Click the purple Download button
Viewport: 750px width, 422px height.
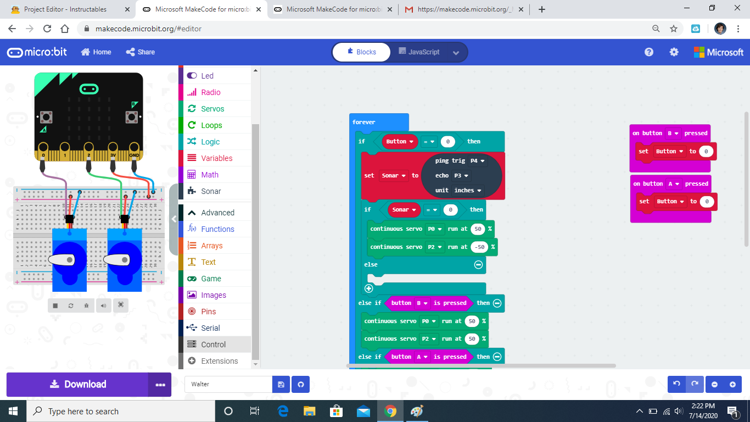(x=77, y=385)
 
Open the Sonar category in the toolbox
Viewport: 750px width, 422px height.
(x=211, y=191)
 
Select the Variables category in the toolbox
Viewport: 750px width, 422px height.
(x=216, y=158)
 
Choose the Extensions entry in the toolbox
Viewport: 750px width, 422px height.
(x=219, y=361)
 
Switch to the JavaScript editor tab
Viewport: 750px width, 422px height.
(x=423, y=52)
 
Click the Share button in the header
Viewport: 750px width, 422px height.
(x=141, y=52)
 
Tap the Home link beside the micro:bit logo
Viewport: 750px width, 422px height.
(x=96, y=52)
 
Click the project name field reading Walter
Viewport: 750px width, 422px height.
(x=228, y=384)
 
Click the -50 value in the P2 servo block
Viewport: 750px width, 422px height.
(x=479, y=247)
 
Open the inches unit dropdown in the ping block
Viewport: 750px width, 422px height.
(x=468, y=190)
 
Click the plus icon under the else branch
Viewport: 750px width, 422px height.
(x=368, y=288)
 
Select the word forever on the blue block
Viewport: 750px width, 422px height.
(x=363, y=122)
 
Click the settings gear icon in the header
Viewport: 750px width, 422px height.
(x=674, y=52)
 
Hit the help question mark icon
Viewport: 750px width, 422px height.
(x=649, y=52)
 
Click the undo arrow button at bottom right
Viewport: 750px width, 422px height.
(x=676, y=384)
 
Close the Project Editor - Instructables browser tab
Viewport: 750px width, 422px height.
(x=127, y=9)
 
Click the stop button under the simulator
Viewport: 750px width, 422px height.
(x=55, y=306)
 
